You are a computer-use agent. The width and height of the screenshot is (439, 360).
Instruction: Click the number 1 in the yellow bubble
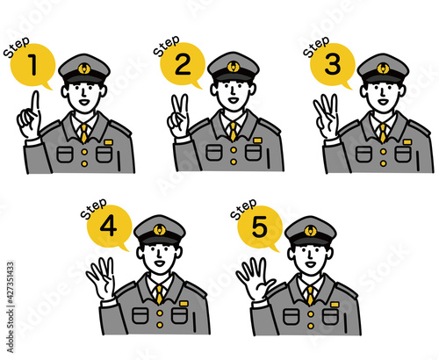(33, 65)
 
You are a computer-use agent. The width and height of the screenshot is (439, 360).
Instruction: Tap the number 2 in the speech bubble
(183, 64)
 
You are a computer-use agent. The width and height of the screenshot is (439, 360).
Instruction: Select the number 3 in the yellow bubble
(333, 64)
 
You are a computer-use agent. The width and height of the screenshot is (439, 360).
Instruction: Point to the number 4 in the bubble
(108, 227)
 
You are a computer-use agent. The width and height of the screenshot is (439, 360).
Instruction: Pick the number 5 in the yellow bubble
(259, 227)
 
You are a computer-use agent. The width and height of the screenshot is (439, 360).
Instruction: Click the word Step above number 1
(17, 47)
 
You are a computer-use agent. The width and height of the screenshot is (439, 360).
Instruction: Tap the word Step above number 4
(94, 208)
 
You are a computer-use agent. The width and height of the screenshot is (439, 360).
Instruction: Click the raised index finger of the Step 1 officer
(35, 104)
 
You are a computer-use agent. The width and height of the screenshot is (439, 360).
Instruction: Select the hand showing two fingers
(178, 117)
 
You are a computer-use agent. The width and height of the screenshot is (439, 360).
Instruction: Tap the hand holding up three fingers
(327, 117)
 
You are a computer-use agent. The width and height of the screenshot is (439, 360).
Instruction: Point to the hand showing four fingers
(101, 278)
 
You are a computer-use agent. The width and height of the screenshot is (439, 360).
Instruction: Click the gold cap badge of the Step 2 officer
(234, 67)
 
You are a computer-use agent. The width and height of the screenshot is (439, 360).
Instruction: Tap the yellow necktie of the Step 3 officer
(383, 133)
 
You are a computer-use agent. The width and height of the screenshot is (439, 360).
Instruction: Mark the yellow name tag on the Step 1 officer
(109, 142)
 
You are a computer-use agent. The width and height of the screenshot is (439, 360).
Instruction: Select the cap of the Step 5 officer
(311, 232)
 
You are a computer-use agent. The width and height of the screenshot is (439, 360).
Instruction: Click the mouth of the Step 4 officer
(160, 263)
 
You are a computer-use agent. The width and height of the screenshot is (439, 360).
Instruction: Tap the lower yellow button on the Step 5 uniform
(311, 326)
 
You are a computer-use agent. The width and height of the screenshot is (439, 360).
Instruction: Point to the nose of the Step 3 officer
(382, 93)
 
